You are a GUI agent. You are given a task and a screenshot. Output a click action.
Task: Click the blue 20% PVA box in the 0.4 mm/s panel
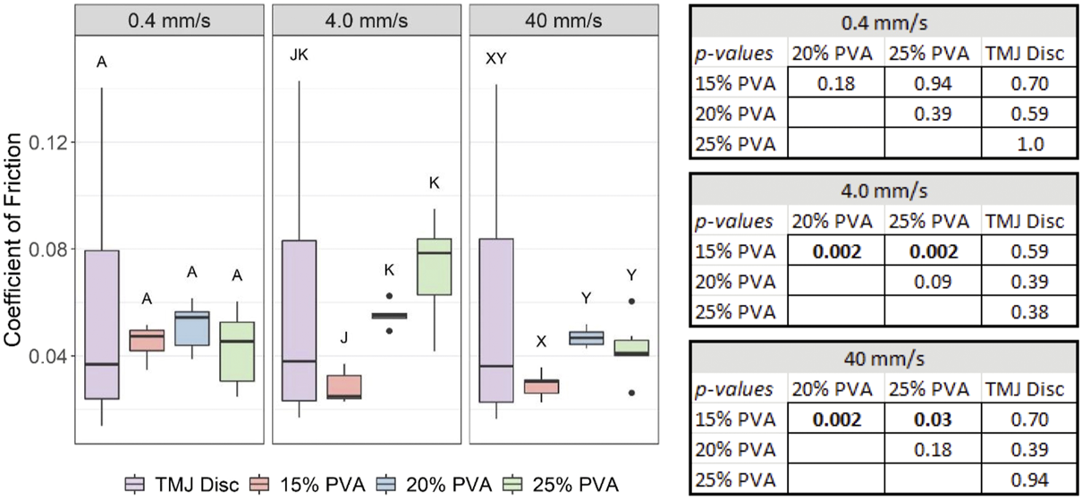[x=192, y=328]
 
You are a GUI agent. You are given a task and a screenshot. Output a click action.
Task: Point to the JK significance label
[x=299, y=56]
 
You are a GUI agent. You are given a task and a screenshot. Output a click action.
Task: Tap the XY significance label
[x=495, y=59]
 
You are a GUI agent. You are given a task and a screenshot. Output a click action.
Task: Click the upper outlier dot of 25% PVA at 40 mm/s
[x=631, y=301]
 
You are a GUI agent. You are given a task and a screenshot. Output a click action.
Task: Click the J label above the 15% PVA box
[x=342, y=337]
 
